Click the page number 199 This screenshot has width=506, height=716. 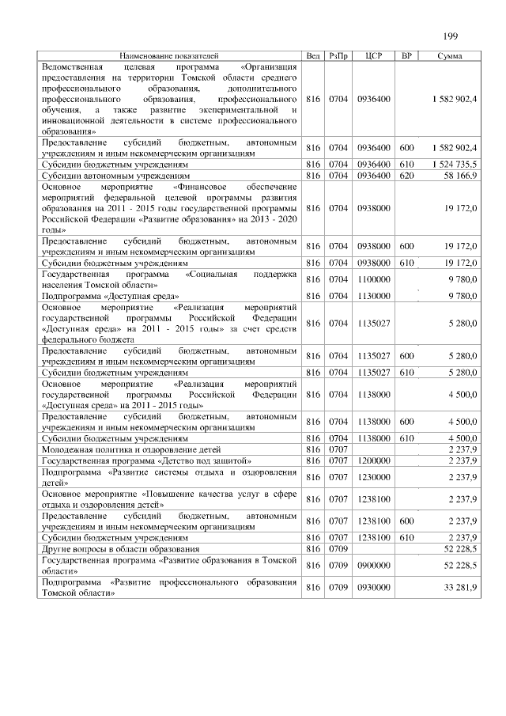coord(452,36)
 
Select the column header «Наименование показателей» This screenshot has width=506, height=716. coord(168,56)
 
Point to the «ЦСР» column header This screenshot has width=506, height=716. coord(374,56)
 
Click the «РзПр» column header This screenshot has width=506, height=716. coord(338,56)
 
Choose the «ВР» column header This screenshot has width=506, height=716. coord(406,56)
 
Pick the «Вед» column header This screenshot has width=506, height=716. coord(312,56)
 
